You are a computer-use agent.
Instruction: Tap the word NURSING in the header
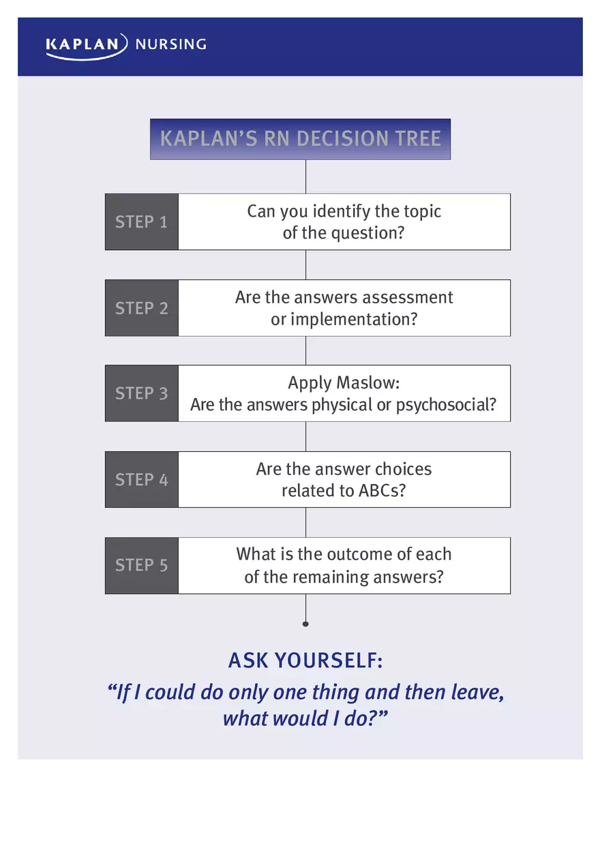point(170,45)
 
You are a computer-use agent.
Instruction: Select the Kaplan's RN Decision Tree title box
point(300,139)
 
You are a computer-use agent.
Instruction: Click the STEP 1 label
point(141,222)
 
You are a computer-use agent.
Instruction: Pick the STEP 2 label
point(141,308)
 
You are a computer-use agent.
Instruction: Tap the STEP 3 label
point(141,393)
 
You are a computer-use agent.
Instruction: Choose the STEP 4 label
point(141,480)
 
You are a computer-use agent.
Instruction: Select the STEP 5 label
point(141,565)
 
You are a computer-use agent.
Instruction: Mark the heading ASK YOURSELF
point(305,661)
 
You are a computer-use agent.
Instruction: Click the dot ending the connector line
point(305,624)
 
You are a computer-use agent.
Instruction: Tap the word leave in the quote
point(477,693)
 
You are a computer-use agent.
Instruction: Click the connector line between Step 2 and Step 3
point(305,350)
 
